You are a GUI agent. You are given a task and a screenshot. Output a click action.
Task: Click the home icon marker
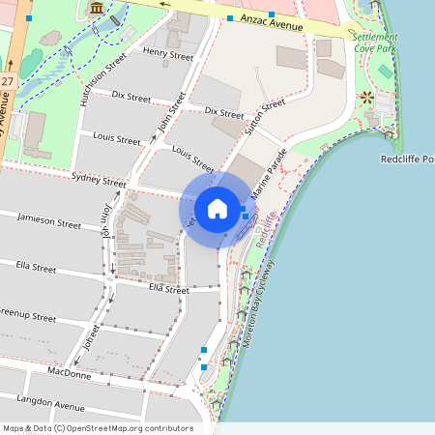[217, 209]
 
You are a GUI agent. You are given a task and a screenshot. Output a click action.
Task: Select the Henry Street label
[167, 55]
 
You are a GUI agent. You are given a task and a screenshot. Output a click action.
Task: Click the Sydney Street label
[99, 181]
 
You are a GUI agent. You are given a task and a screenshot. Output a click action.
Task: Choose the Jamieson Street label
[48, 222]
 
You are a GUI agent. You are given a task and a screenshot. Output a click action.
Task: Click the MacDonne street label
[69, 373]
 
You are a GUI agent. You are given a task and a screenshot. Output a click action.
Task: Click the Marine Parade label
[270, 175]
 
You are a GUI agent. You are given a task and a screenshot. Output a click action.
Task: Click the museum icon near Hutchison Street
[95, 9]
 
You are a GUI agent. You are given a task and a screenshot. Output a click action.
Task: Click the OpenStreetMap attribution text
[97, 428]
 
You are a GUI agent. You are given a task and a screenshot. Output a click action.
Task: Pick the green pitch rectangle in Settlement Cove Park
[386, 72]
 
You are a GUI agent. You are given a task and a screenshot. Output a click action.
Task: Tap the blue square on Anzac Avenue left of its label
[230, 18]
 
